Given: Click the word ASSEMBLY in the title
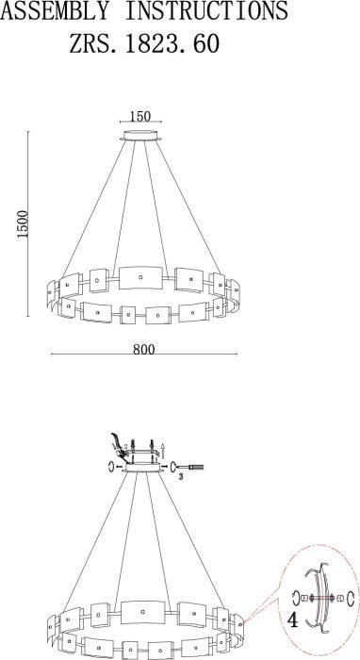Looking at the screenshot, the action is point(55,10).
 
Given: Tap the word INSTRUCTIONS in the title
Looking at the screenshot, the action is point(206,10).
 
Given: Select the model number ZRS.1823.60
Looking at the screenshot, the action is point(144,43).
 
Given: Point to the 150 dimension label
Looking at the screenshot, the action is point(140,116).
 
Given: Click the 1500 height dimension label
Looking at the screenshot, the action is point(23,224).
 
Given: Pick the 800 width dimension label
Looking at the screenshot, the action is point(144,350).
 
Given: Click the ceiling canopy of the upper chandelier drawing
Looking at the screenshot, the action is point(140,136).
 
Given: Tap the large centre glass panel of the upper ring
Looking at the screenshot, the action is point(140,278).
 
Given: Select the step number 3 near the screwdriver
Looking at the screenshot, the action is point(180,477).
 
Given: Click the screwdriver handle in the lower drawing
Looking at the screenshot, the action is point(196,467).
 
